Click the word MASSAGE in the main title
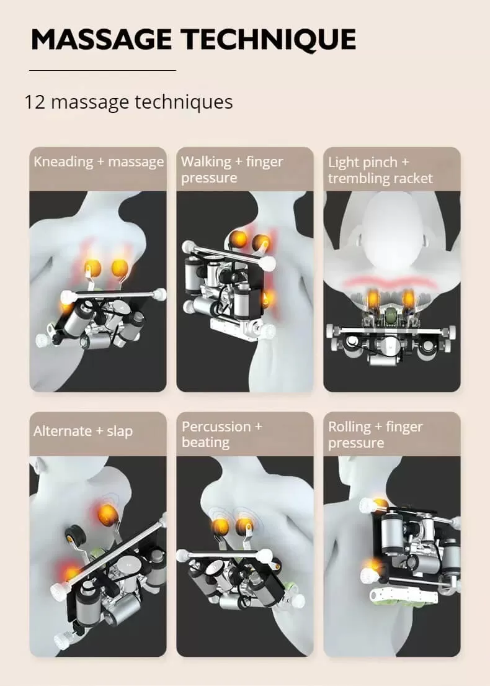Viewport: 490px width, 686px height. click(101, 39)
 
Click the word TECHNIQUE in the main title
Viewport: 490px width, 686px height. click(269, 40)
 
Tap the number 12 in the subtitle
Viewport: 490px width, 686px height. click(35, 102)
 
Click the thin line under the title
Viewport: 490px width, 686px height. click(102, 70)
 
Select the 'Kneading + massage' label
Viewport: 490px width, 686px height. click(99, 162)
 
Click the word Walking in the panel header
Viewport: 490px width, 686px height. click(206, 161)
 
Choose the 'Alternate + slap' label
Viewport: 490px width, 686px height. click(83, 431)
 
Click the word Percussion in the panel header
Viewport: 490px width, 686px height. click(216, 426)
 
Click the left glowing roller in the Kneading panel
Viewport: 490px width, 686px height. click(92, 268)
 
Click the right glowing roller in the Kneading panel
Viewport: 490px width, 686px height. click(119, 268)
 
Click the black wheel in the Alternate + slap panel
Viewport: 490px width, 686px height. click(73, 534)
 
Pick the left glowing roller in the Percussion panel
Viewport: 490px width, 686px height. click(221, 525)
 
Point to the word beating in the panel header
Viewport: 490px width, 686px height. click(205, 443)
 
